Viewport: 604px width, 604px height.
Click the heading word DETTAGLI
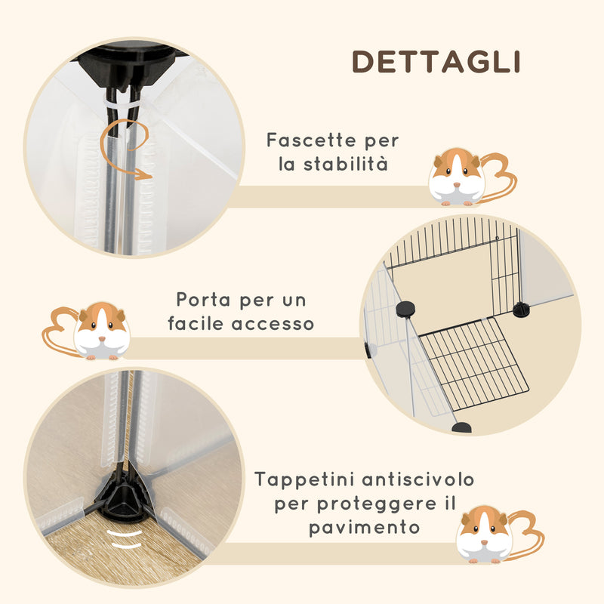pos(436,62)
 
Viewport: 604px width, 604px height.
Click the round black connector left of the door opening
pos(405,308)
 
